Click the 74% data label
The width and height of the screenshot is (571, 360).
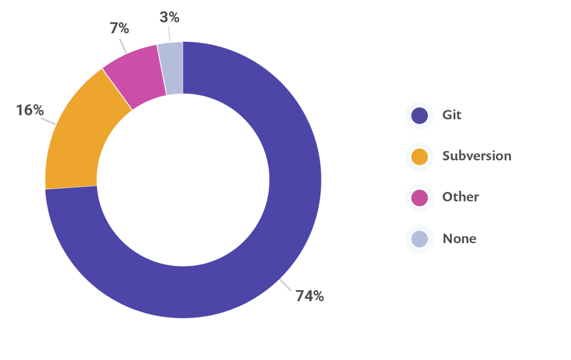coord(309,296)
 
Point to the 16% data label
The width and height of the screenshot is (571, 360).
coord(30,110)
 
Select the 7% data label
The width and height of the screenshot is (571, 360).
coord(119,29)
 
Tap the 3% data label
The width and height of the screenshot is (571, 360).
coord(169,18)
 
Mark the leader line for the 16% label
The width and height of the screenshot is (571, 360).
coord(49,121)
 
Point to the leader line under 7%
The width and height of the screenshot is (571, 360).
coord(123,45)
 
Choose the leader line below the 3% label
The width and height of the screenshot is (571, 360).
coord(169,34)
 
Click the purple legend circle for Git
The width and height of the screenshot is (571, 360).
coord(419,115)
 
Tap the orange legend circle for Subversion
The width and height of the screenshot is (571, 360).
coord(419,156)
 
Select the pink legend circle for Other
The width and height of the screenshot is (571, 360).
coord(419,197)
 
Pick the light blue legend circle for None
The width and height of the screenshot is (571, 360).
coord(419,239)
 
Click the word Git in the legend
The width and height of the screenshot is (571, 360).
coord(452,115)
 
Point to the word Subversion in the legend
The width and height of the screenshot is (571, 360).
coord(476,156)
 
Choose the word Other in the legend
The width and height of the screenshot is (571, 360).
coord(460,197)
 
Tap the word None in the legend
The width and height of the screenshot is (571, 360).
coord(459,238)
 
